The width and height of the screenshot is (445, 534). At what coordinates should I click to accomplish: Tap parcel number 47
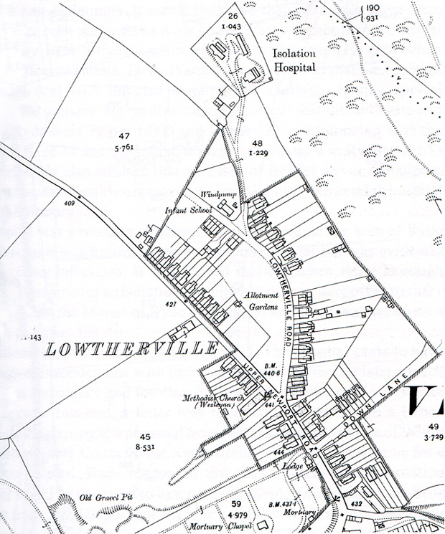click(124, 136)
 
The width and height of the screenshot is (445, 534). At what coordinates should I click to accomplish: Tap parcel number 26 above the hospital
click(232, 15)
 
